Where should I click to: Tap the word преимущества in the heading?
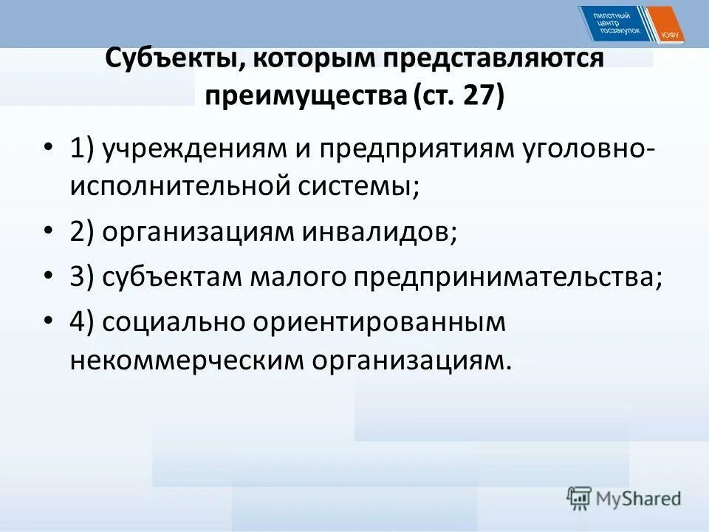[304, 97]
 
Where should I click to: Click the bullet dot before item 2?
[49, 233]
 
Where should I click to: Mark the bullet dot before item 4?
[49, 321]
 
